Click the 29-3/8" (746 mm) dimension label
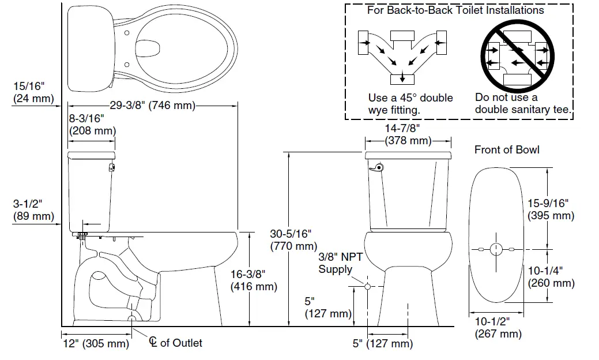(x=152, y=105)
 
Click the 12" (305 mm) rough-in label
(x=95, y=344)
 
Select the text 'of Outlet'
(x=181, y=343)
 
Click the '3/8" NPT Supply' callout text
(x=341, y=263)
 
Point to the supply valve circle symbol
(x=368, y=286)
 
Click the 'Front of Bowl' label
(x=507, y=150)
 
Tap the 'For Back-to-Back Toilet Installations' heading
(x=455, y=10)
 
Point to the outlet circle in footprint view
(x=496, y=249)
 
